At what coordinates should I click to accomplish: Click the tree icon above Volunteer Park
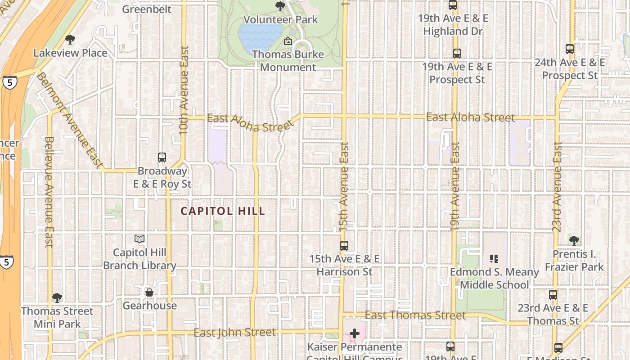(280, 6)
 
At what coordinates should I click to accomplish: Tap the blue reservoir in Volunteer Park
(260, 37)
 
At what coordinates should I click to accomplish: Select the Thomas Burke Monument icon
(288, 41)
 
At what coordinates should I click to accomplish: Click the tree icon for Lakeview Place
(70, 40)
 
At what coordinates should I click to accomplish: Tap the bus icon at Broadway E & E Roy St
(162, 157)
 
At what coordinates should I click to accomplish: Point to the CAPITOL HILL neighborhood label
(223, 211)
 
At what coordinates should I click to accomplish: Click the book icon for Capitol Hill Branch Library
(139, 239)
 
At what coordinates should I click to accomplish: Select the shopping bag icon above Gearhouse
(149, 292)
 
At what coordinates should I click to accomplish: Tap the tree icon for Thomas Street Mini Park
(57, 298)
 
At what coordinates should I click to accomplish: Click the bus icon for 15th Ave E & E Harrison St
(344, 246)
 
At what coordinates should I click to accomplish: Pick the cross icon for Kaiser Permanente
(355, 333)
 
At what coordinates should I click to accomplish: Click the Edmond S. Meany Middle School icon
(494, 259)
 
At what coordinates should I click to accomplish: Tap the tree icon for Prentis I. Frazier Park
(574, 241)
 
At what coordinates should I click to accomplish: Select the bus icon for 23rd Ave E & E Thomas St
(553, 295)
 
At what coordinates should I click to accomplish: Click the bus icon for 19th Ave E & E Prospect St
(457, 53)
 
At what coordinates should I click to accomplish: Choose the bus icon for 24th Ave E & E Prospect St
(570, 49)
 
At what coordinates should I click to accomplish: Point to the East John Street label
(234, 333)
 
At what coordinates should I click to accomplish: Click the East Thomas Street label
(415, 315)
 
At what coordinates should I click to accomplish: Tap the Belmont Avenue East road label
(70, 121)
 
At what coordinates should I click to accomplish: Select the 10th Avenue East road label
(184, 90)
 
